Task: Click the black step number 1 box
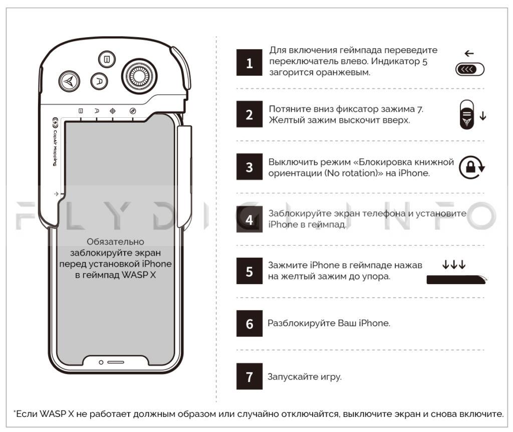pos(249,64)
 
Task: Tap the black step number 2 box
pos(249,115)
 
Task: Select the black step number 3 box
pos(249,167)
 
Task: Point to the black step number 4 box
pos(249,220)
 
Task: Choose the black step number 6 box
pos(249,323)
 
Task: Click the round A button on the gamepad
pos(99,81)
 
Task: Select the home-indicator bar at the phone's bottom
pos(116,362)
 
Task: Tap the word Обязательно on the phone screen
pos(115,242)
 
